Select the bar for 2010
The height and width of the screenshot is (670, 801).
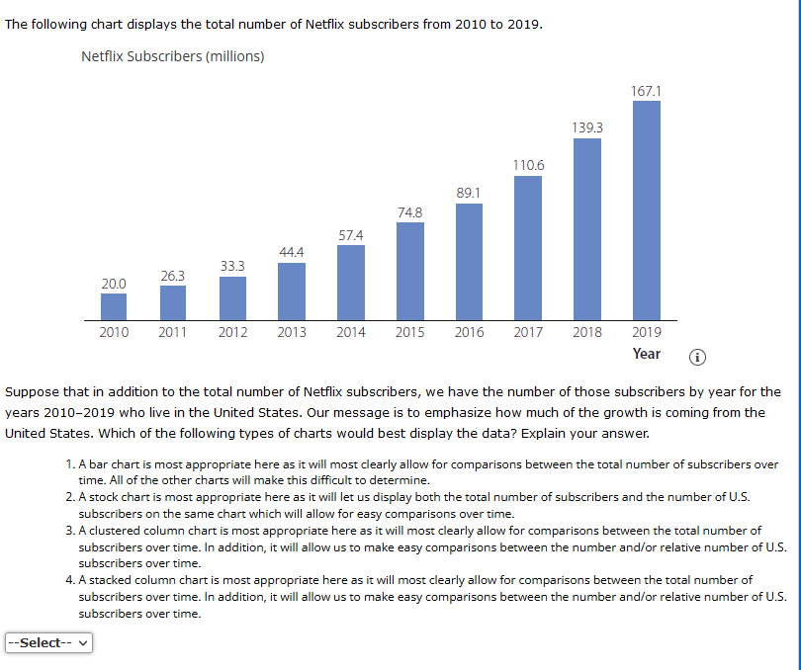pyautogui.click(x=114, y=306)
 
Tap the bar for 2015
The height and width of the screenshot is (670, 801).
pyautogui.click(x=409, y=271)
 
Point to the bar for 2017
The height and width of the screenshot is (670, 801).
pyautogui.click(x=528, y=246)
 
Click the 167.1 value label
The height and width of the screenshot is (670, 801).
pyautogui.click(x=646, y=91)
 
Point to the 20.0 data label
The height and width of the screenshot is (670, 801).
pyautogui.click(x=114, y=284)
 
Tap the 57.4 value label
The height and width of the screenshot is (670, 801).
pyautogui.click(x=350, y=235)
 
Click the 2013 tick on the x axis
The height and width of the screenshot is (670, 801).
pyautogui.click(x=292, y=332)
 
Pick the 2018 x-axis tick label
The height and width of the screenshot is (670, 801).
pyautogui.click(x=587, y=332)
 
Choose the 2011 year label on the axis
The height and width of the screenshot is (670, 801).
pyautogui.click(x=173, y=332)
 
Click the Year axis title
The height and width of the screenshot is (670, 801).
pyautogui.click(x=647, y=354)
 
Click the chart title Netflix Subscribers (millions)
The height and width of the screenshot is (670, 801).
pyautogui.click(x=172, y=56)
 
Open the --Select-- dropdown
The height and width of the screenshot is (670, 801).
pyautogui.click(x=48, y=643)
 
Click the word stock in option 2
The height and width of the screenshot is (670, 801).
pyautogui.click(x=106, y=497)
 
